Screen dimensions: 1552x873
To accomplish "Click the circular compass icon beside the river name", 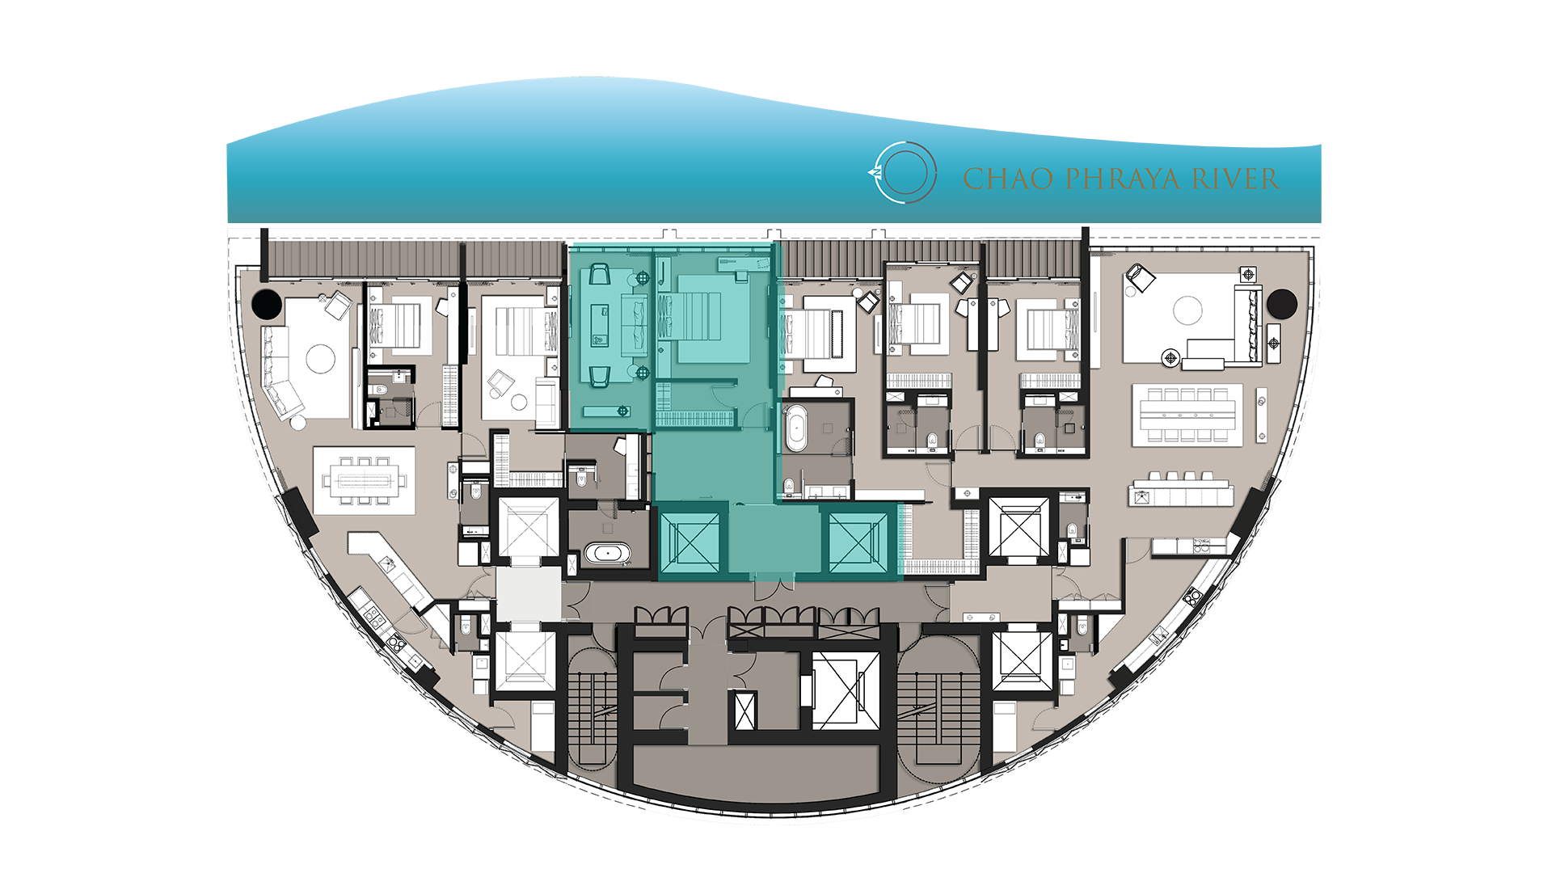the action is [905, 172].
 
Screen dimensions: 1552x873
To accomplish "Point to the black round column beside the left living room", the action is [267, 304].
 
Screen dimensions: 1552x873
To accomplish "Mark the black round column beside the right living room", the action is [1281, 304].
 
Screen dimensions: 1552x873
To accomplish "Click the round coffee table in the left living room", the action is [320, 358].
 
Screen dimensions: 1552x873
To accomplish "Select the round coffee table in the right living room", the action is [1187, 310].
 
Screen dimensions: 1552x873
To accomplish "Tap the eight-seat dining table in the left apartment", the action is [365, 481].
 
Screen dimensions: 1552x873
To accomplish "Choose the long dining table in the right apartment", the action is [1187, 415].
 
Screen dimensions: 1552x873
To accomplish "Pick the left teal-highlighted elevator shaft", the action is [690, 542].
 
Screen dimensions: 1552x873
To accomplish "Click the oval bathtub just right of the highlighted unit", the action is [796, 428].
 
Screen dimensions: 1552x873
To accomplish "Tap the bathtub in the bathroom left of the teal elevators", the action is [607, 554].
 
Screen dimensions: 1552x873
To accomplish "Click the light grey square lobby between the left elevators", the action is [529, 594].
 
